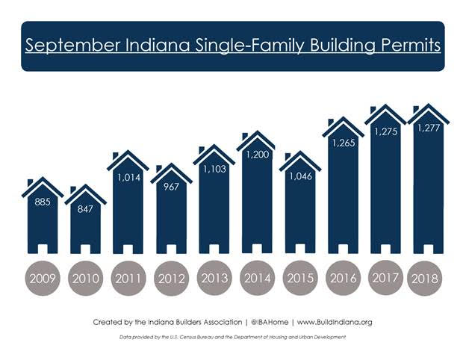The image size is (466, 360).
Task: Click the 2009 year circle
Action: [42, 279]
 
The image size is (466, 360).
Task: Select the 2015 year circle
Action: [300, 279]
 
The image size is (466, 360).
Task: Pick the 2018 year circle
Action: [429, 279]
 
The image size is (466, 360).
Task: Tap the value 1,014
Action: [128, 178]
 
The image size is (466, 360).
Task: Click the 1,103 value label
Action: [214, 170]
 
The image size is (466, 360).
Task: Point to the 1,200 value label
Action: [257, 156]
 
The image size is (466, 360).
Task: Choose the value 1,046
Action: [300, 179]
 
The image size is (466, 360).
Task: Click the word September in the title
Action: [69, 44]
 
